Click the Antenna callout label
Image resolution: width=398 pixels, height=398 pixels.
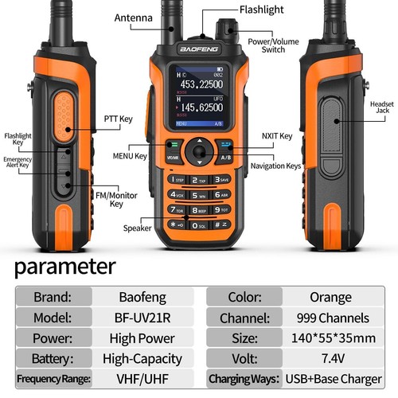[x=133, y=17]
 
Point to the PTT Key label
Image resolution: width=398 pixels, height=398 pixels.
[x=116, y=119]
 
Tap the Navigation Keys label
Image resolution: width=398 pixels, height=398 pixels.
[x=275, y=166]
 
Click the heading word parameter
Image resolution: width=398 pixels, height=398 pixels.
[x=64, y=265]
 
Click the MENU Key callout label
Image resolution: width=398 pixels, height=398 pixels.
[x=130, y=156]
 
